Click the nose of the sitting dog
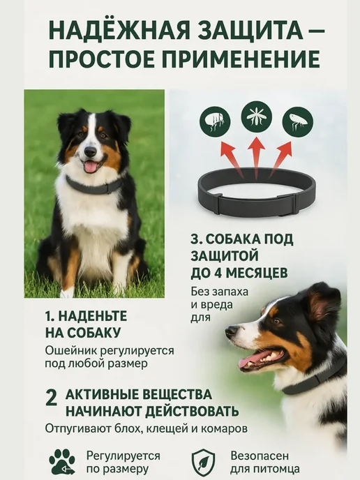tap(90, 151)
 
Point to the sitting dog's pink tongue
tap(91, 167)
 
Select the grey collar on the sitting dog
tap(93, 186)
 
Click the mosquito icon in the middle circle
tap(256, 117)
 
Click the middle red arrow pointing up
tap(256, 158)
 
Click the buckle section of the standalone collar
tap(257, 206)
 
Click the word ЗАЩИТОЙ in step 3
tap(225, 256)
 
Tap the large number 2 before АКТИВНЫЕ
tap(51, 398)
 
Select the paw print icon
tap(62, 462)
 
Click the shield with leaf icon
tap(204, 463)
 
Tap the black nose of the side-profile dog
tap(231, 331)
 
